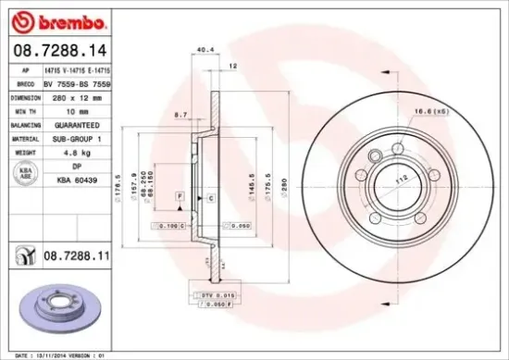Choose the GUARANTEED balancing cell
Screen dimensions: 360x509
[72, 123]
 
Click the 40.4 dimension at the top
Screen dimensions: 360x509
[205, 48]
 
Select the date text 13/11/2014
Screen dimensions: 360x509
[48, 354]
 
